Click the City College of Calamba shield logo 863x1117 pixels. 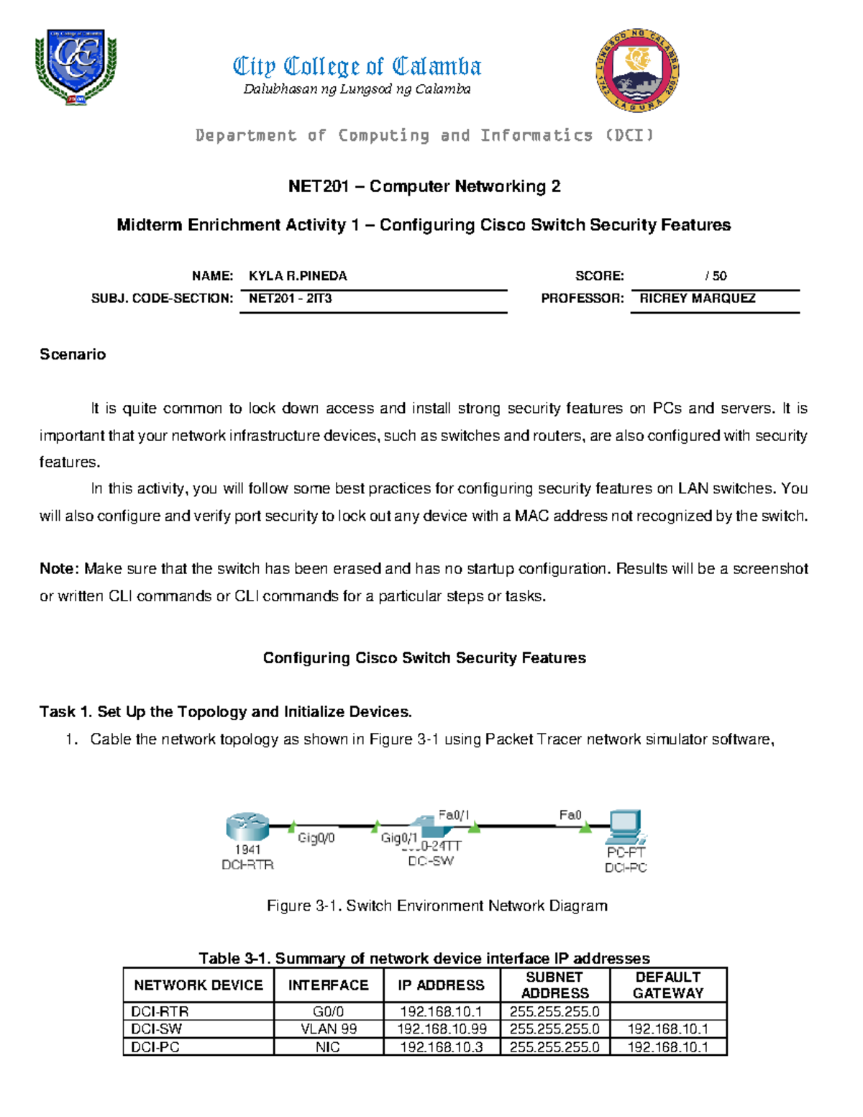tap(76, 67)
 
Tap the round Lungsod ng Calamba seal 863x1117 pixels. tap(637, 70)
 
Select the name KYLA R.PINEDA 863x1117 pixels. tap(298, 276)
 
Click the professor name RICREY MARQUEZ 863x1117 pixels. tap(697, 298)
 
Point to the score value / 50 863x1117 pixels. tap(716, 276)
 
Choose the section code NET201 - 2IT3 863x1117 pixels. tap(290, 298)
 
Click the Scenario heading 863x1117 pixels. tap(73, 355)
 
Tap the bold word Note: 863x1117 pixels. tap(60, 569)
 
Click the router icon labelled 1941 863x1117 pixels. tap(247, 827)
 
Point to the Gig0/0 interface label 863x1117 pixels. tap(316, 838)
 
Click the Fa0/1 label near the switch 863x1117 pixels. tap(454, 815)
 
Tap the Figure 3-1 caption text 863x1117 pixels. tap(437, 906)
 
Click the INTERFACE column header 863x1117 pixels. tap(328, 985)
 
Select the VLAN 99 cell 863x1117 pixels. tap(328, 1029)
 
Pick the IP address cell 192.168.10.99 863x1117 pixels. tap(442, 1029)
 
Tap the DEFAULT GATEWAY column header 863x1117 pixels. tap(668, 985)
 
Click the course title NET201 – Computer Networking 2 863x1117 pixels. tap(424, 187)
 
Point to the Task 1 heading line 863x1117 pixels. tap(226, 712)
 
